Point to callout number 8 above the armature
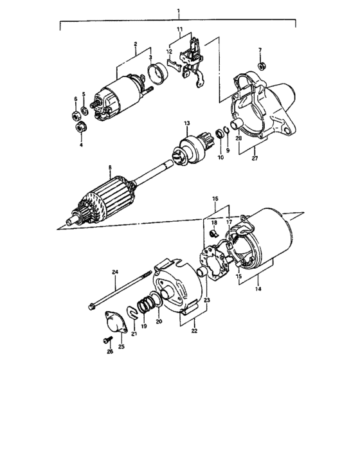[x=110, y=168]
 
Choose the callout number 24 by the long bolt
[x=116, y=272]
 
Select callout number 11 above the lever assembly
[x=180, y=30]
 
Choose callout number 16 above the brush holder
[x=215, y=200]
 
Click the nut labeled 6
[x=76, y=116]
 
